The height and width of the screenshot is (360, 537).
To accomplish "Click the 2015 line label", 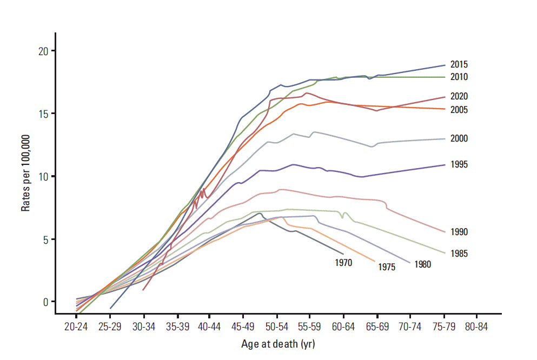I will (459, 64).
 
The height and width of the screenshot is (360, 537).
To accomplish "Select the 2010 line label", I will (459, 77).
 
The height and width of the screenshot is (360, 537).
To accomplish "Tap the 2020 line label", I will (459, 97).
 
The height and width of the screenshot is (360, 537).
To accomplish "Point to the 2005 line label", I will (459, 110).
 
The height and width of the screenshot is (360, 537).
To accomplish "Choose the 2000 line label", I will (459, 139).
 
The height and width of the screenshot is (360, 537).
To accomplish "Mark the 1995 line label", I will (459, 164).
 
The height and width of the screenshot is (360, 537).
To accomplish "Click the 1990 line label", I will (459, 232).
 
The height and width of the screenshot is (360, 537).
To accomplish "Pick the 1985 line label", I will (459, 254).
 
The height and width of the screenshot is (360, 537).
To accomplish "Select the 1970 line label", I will (343, 263).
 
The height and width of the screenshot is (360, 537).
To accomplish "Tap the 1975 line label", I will (387, 267).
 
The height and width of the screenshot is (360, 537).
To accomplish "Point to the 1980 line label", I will (423, 264).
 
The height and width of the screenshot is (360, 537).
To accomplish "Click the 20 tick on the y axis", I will (43, 51).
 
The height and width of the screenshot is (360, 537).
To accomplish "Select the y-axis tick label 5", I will (45, 239).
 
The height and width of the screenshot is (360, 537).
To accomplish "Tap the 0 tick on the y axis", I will (45, 302).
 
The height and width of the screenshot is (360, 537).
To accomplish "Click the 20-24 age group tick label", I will (77, 328).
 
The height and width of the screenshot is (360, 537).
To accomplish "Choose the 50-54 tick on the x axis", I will (277, 328).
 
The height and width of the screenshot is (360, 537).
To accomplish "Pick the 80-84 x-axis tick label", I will (477, 328).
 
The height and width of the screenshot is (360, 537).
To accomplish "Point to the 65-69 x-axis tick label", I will (377, 328).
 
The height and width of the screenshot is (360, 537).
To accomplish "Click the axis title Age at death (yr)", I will (277, 344).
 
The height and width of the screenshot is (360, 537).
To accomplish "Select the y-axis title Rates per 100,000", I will (26, 176).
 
